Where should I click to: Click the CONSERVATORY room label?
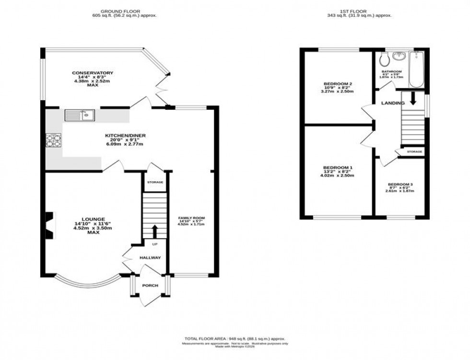(93, 73)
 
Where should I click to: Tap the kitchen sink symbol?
(80, 115)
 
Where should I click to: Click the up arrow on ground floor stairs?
(154, 231)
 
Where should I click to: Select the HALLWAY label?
(150, 258)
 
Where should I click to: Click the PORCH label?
(150, 286)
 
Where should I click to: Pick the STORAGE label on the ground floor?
(155, 182)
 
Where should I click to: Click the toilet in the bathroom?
(383, 60)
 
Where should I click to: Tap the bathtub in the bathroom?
(415, 70)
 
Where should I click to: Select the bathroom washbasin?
(398, 57)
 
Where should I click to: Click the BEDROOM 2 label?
(338, 84)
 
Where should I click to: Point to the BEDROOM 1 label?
(338, 168)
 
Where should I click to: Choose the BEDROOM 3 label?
(400, 185)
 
